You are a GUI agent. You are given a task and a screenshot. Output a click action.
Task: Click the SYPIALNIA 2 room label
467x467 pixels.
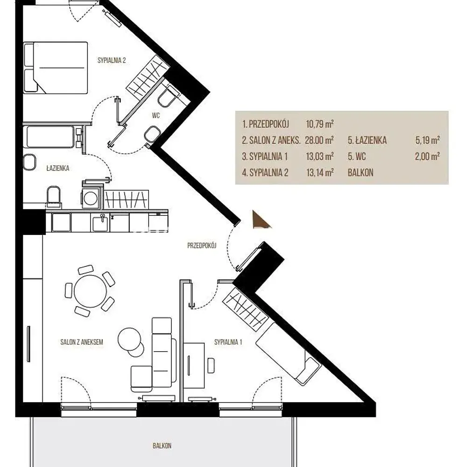click(112, 60)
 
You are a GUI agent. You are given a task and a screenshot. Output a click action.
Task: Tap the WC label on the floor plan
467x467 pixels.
click(156, 115)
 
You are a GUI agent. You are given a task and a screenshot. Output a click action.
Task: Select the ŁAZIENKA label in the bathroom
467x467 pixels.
click(58, 168)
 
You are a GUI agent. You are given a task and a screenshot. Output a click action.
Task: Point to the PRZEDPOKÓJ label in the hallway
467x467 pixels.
click(202, 246)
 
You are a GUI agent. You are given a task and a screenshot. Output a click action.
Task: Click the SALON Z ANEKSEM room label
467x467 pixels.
click(82, 342)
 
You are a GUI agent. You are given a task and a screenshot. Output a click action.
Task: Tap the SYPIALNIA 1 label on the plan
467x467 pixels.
click(228, 342)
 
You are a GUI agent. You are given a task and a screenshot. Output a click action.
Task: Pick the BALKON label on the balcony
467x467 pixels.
click(162, 446)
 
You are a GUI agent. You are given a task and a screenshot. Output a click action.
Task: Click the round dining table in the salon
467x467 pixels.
click(90, 291)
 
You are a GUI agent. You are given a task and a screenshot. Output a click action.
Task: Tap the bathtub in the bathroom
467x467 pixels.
click(50, 137)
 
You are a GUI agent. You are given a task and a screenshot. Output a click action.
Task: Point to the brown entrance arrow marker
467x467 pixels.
click(260, 220)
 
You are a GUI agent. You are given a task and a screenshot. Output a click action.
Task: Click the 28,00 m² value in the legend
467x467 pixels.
click(319, 140)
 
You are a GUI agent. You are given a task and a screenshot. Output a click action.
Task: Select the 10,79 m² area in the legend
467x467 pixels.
click(319, 124)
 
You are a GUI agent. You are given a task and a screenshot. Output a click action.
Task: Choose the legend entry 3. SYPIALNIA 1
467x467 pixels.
click(265, 156)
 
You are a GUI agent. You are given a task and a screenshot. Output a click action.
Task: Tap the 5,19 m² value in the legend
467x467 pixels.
click(428, 140)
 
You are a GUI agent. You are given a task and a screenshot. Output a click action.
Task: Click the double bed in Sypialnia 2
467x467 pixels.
click(56, 68)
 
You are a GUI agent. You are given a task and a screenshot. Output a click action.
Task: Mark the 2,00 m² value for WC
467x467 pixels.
click(427, 156)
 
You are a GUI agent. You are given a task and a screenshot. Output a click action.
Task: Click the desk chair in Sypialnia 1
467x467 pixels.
click(211, 366)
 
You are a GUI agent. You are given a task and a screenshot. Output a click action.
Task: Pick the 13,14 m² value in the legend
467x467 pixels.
click(320, 172)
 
